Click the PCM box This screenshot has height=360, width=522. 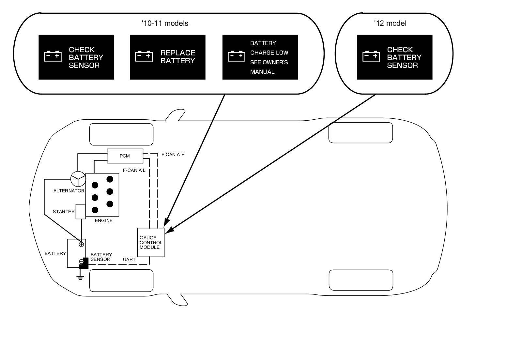(x=125, y=156)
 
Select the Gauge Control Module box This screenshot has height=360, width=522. (x=151, y=242)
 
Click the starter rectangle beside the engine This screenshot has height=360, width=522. (x=80, y=212)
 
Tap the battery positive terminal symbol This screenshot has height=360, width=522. (x=81, y=244)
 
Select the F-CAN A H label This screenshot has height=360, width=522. (x=173, y=155)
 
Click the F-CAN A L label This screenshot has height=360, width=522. (x=134, y=170)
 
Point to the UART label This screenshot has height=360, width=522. (x=129, y=260)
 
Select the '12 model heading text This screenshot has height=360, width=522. (x=390, y=23)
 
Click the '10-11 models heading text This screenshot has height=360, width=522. (x=165, y=23)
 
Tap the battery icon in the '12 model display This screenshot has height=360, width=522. (x=371, y=56)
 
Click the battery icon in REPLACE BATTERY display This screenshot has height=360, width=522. (x=144, y=56)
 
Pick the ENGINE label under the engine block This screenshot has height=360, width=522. (x=104, y=220)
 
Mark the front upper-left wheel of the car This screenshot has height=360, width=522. (x=121, y=134)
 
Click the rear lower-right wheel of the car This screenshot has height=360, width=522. (x=361, y=280)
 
